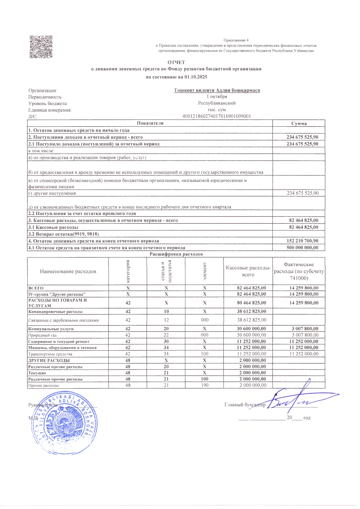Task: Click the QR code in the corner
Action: [x=41, y=47]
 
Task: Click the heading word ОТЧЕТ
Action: [x=176, y=62]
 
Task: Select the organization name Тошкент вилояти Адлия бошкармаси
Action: [x=217, y=90]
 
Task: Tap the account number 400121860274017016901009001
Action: [x=217, y=116]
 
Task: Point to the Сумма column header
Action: [x=299, y=123]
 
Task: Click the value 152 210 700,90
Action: [x=302, y=241]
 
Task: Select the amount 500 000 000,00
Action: [x=302, y=248]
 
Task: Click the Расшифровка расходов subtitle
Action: [x=176, y=254]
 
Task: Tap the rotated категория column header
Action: [x=128, y=271]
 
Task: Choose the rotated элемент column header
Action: [x=204, y=271]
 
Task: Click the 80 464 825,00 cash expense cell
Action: [x=251, y=303]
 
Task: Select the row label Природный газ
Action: [x=42, y=335]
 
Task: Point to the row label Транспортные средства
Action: [x=50, y=354]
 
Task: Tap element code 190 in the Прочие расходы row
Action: [x=204, y=385]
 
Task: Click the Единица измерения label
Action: [x=50, y=110]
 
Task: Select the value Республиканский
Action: [x=217, y=103]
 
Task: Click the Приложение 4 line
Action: [x=236, y=40]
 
